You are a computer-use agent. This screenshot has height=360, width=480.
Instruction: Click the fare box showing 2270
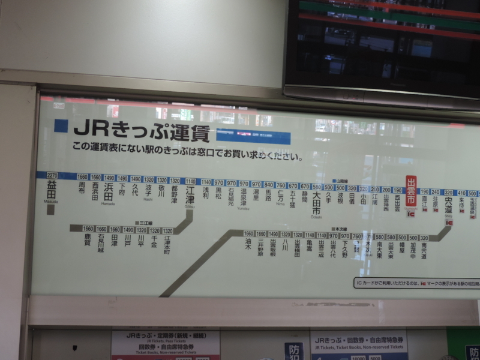coord(52,176)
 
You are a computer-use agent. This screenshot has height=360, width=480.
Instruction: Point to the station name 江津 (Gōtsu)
coord(190,192)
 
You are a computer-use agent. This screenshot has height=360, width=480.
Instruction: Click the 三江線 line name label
coord(145,222)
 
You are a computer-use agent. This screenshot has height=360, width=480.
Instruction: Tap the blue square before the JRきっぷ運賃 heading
coord(61,125)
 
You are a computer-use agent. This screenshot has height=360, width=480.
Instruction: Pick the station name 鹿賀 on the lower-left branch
coord(88,241)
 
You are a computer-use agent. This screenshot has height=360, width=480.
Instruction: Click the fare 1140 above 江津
coord(190,181)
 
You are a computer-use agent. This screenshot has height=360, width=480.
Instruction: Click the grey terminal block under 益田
coord(51,209)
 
